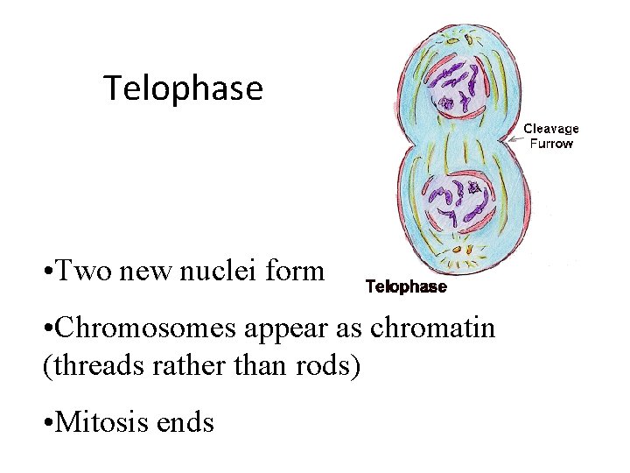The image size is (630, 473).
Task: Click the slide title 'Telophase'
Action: tap(183, 88)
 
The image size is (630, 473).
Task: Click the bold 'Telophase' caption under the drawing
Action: tap(405, 286)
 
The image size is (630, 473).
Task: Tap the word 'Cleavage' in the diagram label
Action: tap(551, 130)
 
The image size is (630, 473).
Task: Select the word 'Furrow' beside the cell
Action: tap(551, 144)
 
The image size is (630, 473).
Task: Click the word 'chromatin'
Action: tap(433, 328)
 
